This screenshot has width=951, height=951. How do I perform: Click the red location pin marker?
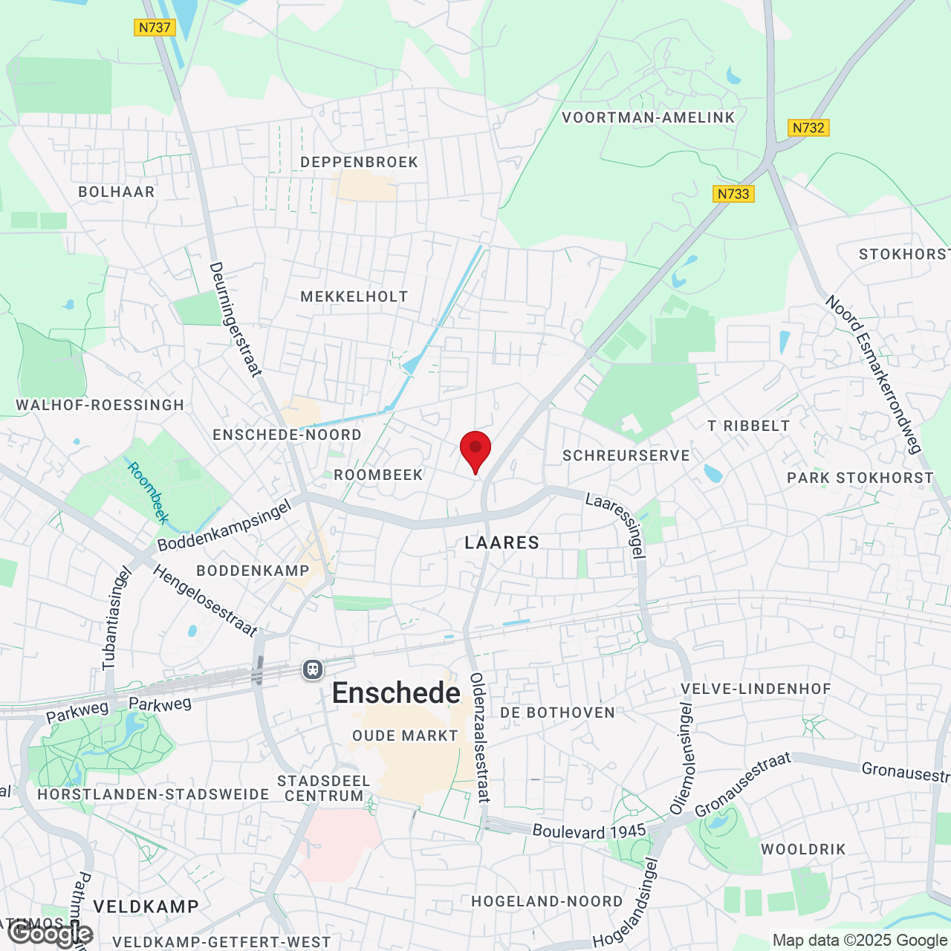(475, 449)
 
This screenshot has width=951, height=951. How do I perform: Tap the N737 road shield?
(155, 27)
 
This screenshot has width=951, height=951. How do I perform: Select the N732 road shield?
(808, 128)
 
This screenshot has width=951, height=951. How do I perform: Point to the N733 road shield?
(733, 194)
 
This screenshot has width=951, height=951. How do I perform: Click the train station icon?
(313, 669)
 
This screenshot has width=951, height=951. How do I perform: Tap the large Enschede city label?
(396, 693)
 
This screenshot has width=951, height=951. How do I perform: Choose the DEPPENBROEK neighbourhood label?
(360, 162)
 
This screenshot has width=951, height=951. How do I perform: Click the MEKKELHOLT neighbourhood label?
(354, 296)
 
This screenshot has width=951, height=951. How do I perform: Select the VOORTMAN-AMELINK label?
(648, 117)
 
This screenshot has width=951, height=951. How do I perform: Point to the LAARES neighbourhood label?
(502, 543)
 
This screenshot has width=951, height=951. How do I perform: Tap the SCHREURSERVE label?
(626, 455)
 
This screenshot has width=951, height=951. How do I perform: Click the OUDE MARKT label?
(405, 736)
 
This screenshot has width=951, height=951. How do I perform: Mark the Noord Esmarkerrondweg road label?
(874, 374)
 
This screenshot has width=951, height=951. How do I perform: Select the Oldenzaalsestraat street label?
(479, 737)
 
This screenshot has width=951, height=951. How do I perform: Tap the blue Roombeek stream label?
(149, 493)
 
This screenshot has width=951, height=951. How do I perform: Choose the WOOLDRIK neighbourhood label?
(803, 849)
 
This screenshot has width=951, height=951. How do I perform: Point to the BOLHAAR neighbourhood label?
(117, 192)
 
